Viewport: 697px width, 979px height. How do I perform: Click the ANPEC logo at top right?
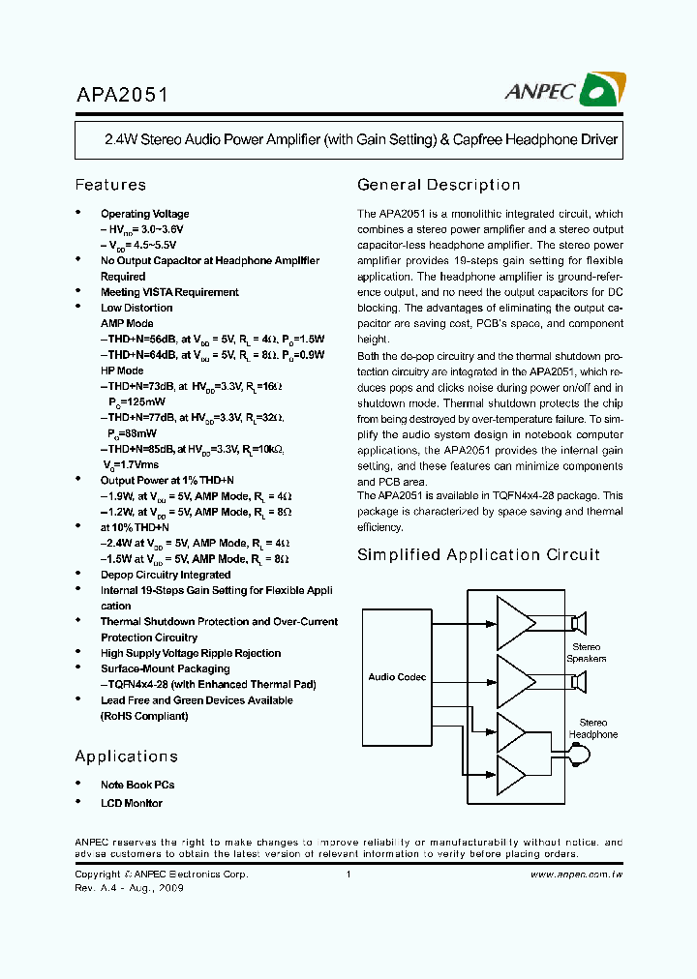(563, 91)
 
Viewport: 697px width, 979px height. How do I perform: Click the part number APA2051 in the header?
(122, 95)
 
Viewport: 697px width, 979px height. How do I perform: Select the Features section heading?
(110, 185)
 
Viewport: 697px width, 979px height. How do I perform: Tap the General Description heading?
(439, 185)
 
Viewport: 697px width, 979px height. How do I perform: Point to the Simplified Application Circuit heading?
(478, 555)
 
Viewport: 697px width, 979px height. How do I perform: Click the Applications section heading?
(126, 756)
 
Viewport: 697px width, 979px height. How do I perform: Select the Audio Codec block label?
(397, 677)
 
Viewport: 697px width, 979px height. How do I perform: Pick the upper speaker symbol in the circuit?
(581, 623)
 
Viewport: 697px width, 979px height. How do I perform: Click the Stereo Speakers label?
(587, 653)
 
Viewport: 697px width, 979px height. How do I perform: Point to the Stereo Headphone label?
(592, 728)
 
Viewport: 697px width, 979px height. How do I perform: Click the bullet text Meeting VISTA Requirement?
(169, 292)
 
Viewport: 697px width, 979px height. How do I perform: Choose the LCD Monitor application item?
(132, 803)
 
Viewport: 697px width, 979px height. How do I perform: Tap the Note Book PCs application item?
(137, 785)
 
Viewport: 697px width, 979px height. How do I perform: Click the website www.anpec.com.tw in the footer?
(576, 875)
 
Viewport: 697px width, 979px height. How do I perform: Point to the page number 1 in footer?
(348, 875)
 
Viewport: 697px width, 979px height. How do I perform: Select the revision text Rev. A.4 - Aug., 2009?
(129, 888)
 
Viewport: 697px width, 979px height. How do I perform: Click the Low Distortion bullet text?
(136, 308)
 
